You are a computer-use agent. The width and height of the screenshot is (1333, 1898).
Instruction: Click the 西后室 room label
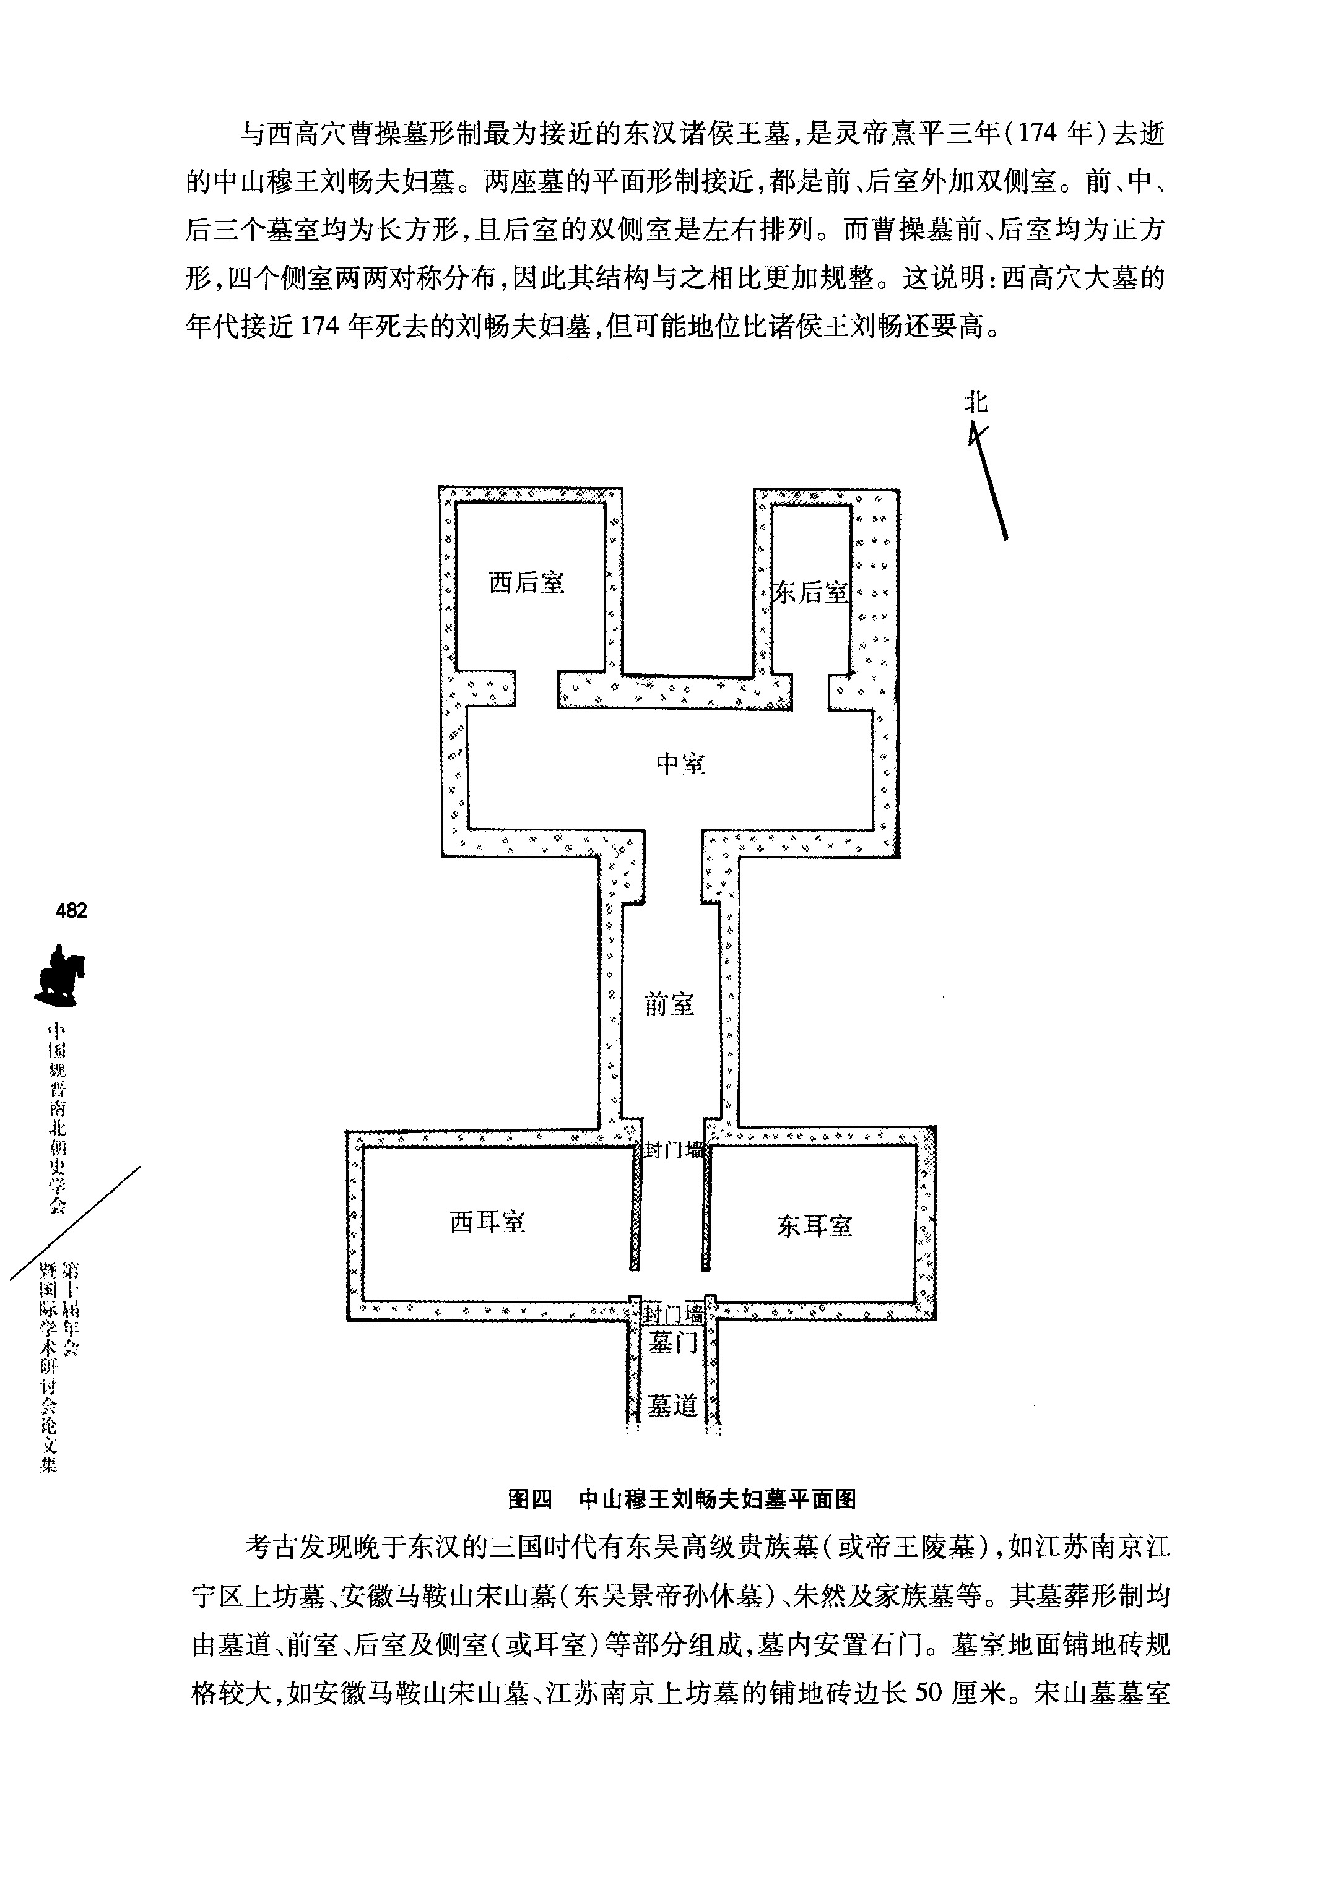[x=527, y=583]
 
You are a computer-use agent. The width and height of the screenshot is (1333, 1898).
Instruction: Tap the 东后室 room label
[x=810, y=592]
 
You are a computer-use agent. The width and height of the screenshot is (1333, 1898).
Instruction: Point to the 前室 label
[x=669, y=1004]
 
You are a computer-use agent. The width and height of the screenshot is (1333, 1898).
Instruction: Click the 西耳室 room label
[x=488, y=1222]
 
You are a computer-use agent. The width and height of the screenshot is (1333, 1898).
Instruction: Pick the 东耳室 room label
[x=815, y=1225]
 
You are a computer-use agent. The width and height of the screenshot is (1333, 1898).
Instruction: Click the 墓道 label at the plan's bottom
[x=672, y=1405]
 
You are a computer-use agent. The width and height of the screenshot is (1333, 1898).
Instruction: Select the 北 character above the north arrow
[x=976, y=403]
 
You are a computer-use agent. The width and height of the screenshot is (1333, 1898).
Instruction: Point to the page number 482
[x=71, y=910]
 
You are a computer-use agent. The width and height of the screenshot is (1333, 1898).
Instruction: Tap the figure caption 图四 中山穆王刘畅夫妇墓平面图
[x=682, y=1499]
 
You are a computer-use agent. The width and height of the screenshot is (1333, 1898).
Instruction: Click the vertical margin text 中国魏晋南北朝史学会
[x=56, y=1118]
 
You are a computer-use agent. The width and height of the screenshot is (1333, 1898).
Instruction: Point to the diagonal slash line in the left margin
[x=74, y=1223]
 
